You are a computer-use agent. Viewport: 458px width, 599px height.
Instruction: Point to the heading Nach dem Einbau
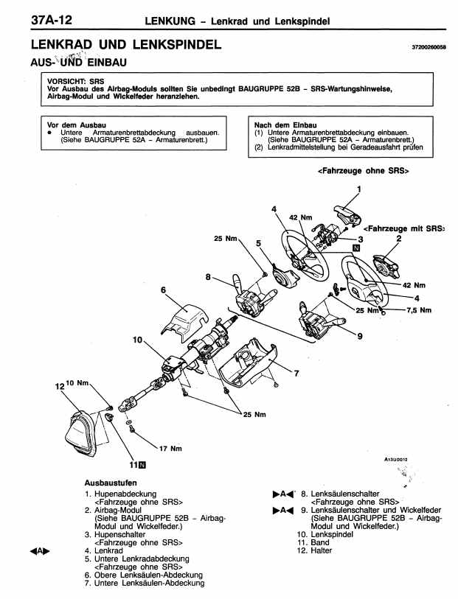tap(285, 125)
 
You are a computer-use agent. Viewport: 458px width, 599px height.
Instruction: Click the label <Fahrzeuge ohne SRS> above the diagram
tap(363, 171)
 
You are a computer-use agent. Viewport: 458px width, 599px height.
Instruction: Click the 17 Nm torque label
tap(170, 449)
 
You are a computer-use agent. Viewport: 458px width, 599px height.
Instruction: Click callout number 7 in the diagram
tap(296, 371)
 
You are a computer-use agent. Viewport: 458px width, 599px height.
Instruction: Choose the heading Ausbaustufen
tap(111, 482)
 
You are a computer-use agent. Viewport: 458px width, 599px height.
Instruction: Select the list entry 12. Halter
tap(315, 550)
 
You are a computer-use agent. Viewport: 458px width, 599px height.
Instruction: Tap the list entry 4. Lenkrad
tap(103, 550)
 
